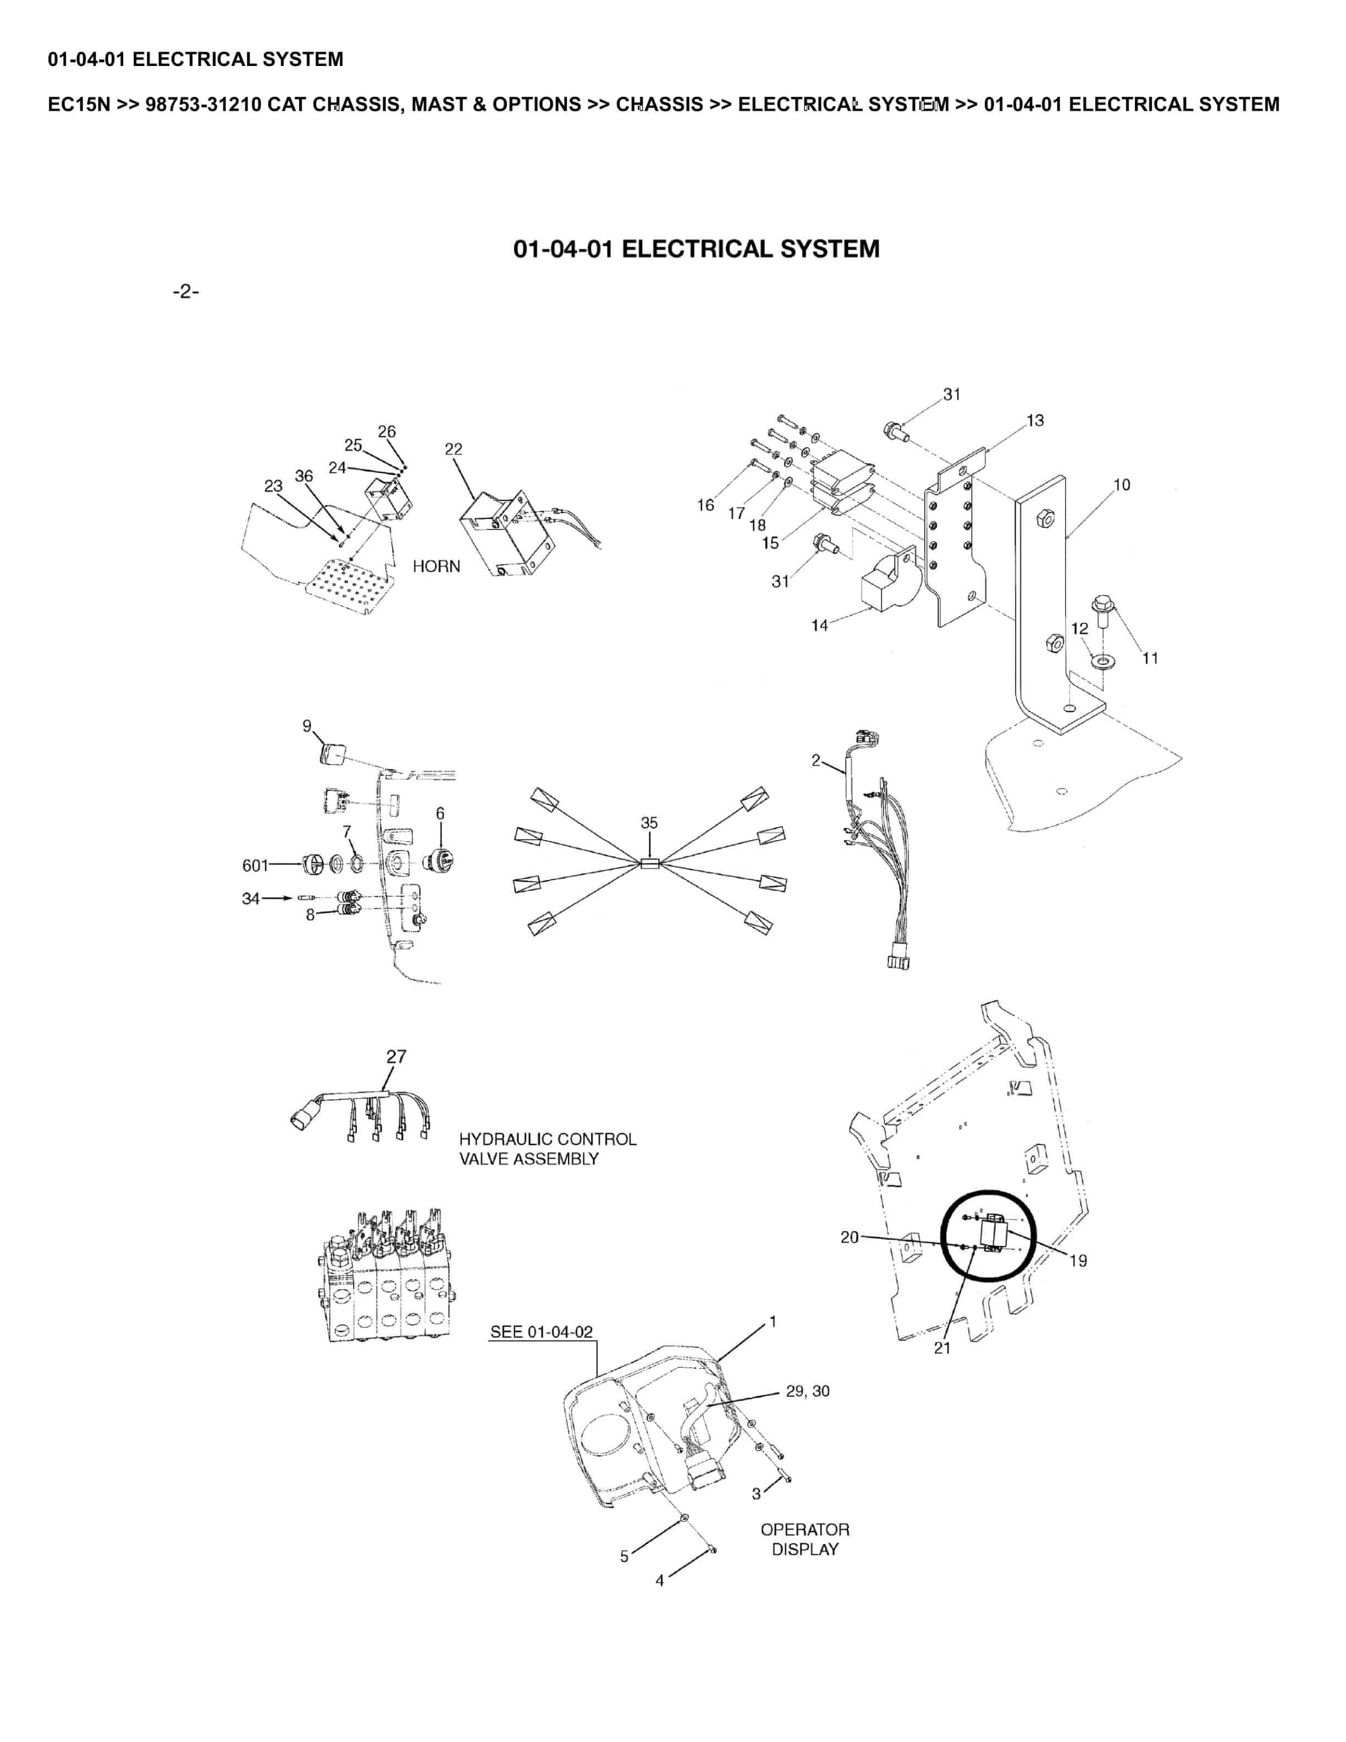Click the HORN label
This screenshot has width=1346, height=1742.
click(436, 566)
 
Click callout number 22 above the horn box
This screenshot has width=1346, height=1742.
click(453, 449)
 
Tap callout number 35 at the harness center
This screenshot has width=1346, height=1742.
click(649, 823)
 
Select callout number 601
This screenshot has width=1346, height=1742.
click(255, 866)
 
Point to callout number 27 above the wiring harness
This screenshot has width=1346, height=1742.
click(396, 1056)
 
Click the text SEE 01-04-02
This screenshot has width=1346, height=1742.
click(542, 1331)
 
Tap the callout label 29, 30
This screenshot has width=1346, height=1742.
click(807, 1391)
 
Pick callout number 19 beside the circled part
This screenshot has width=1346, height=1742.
click(1077, 1261)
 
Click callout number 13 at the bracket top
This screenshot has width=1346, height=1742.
click(1035, 420)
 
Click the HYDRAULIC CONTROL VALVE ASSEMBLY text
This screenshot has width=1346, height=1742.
click(547, 1149)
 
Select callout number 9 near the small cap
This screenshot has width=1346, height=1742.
click(307, 726)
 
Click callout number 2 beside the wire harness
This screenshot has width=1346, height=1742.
click(816, 760)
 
